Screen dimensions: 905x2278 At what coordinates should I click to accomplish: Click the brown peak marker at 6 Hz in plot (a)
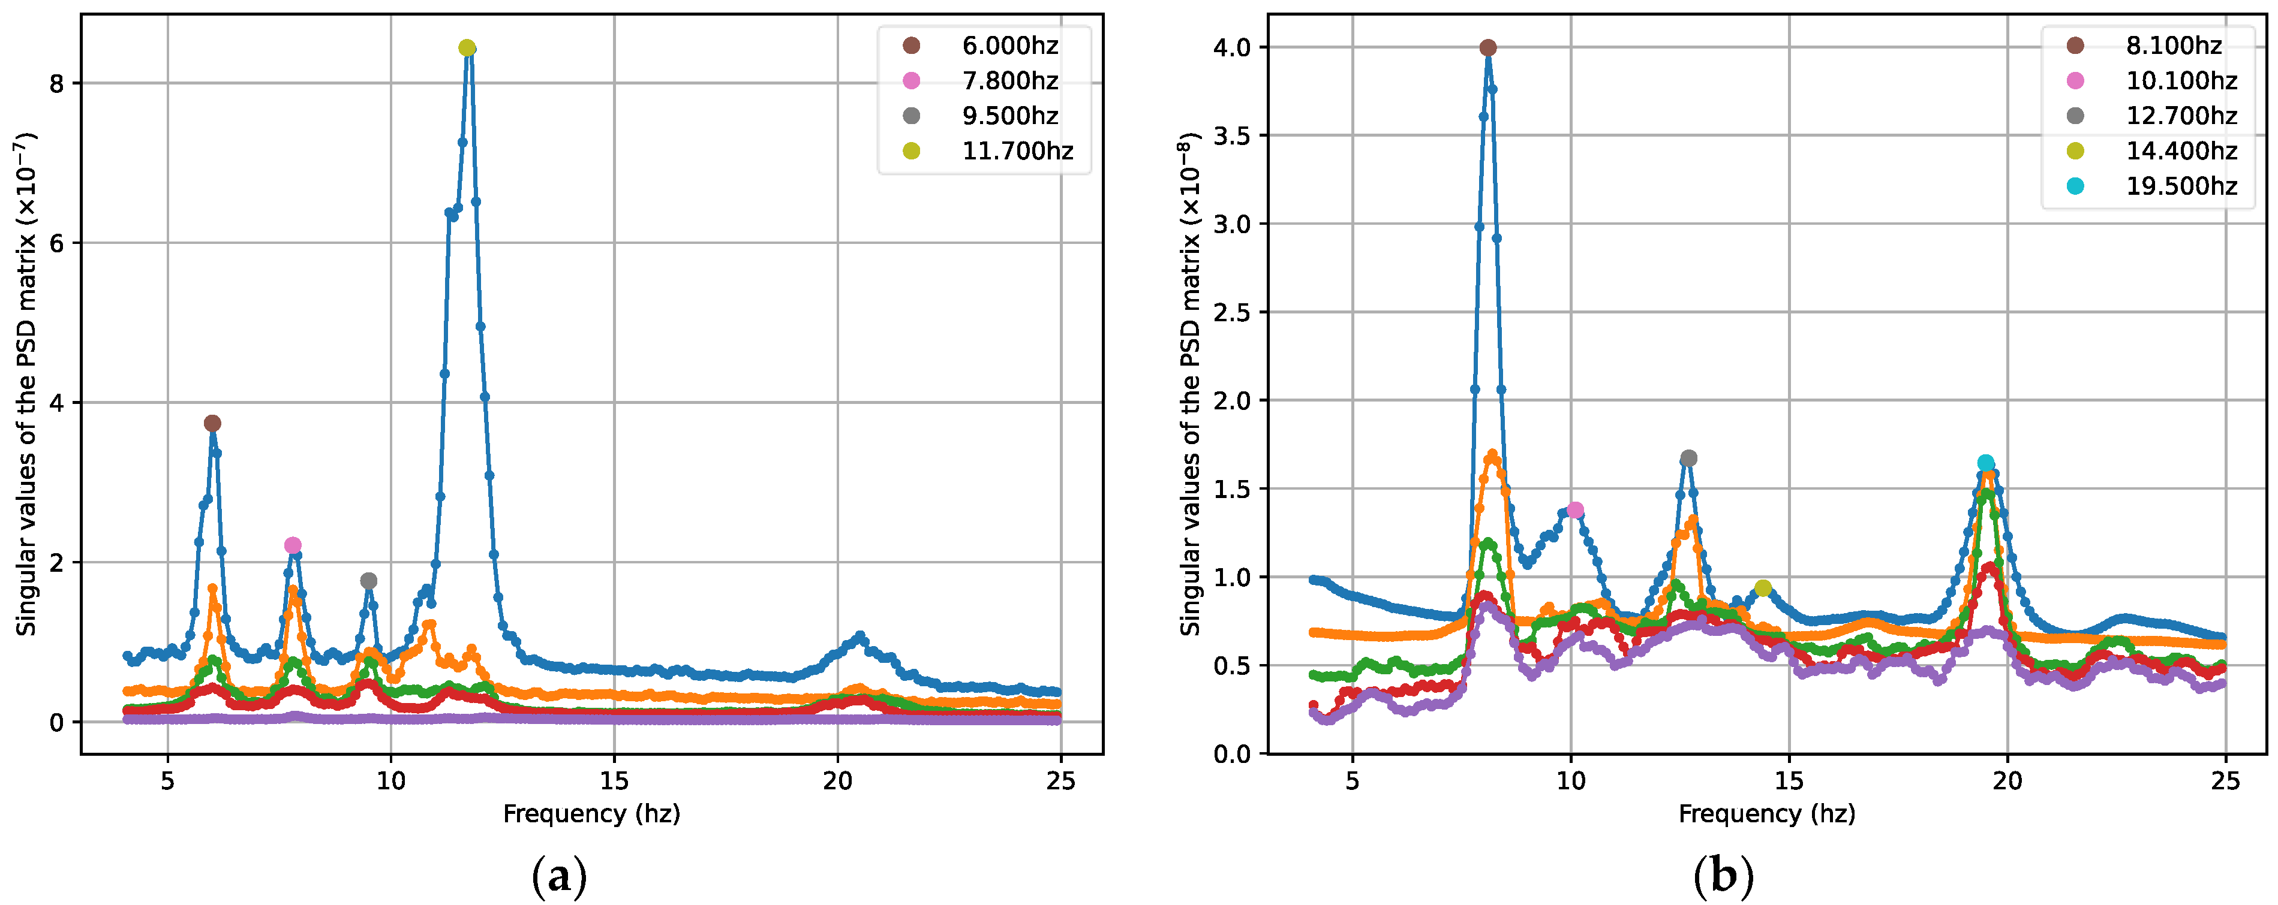pyautogui.click(x=212, y=423)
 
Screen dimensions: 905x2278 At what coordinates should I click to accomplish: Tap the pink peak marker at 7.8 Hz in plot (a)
pyautogui.click(x=293, y=545)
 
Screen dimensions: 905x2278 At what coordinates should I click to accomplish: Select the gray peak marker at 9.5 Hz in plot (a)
pyautogui.click(x=369, y=581)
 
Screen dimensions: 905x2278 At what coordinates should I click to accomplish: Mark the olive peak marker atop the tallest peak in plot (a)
pyautogui.click(x=467, y=48)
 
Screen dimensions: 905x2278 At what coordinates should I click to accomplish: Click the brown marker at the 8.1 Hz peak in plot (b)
pyautogui.click(x=1487, y=48)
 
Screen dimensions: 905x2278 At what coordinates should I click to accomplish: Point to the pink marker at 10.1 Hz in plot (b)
pyautogui.click(x=1575, y=510)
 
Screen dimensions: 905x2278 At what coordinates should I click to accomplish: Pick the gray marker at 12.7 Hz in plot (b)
pyautogui.click(x=1689, y=458)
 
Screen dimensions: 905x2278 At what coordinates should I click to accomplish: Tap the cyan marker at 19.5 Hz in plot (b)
pyautogui.click(x=1986, y=463)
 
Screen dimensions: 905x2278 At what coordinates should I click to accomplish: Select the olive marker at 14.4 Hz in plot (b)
pyautogui.click(x=1763, y=588)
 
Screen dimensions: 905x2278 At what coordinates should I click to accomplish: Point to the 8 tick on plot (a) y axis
pyautogui.click(x=58, y=84)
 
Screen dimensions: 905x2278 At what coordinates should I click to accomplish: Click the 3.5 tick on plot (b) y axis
pyautogui.click(x=1232, y=136)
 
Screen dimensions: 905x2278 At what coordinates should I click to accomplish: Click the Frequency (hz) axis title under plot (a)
pyautogui.click(x=591, y=813)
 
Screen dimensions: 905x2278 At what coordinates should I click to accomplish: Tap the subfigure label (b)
pyautogui.click(x=1723, y=877)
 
